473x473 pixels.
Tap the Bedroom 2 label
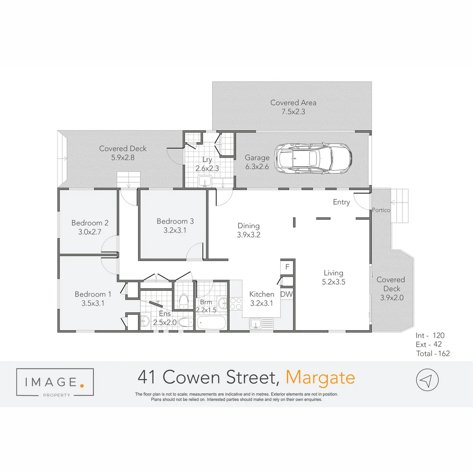tap(90, 223)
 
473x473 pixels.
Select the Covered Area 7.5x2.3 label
tap(293, 107)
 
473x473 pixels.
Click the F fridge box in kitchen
tap(287, 267)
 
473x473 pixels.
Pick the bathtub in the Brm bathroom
tap(212, 324)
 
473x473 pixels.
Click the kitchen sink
tap(261, 324)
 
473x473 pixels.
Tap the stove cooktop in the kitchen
tap(236, 304)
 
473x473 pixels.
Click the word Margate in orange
tap(320, 377)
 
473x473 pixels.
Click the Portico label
tap(381, 210)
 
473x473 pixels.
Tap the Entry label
tap(341, 202)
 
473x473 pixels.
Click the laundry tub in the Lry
tap(204, 180)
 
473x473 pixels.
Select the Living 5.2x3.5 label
tap(333, 277)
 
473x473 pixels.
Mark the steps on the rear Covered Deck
tap(129, 179)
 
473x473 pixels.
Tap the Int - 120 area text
tap(432, 336)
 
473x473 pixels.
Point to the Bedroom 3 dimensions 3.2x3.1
tap(175, 230)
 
